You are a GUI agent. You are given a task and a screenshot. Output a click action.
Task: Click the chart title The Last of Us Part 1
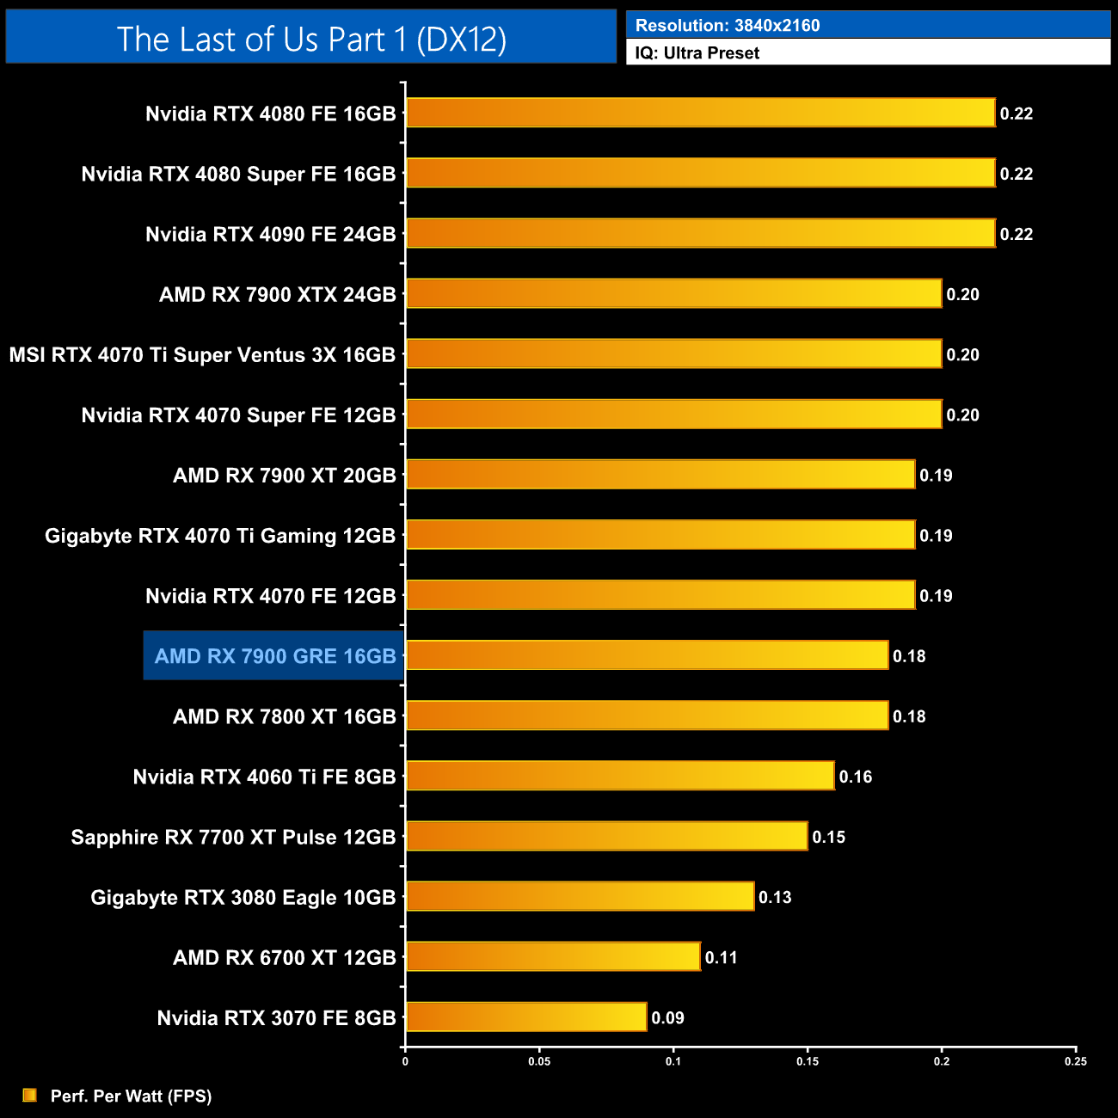(x=311, y=39)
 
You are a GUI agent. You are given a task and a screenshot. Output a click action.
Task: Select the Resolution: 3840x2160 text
(x=727, y=26)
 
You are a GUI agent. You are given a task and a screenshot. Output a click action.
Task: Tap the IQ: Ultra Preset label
(x=697, y=53)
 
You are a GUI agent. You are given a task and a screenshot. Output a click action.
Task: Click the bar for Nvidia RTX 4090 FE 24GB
(x=700, y=233)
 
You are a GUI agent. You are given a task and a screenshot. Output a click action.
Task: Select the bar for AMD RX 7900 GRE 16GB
(x=647, y=655)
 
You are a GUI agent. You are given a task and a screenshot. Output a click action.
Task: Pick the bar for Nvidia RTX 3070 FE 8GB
(x=526, y=1017)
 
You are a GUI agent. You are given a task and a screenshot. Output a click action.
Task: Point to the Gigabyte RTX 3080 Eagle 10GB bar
(x=580, y=896)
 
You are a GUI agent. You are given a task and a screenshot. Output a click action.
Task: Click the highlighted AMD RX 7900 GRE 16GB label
(x=274, y=656)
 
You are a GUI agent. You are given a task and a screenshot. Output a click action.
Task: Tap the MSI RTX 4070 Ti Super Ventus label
(x=202, y=355)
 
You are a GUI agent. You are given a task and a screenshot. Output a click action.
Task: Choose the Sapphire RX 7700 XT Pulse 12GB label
(x=233, y=837)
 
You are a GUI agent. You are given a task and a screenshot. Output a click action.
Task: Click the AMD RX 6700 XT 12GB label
(x=284, y=957)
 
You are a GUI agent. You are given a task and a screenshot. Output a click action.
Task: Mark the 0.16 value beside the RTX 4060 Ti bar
(x=856, y=777)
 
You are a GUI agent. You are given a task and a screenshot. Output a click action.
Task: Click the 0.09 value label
(x=667, y=1017)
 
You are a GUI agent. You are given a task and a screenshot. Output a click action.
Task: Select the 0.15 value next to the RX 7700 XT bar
(x=829, y=837)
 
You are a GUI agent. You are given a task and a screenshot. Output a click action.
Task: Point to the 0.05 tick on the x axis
(x=539, y=1061)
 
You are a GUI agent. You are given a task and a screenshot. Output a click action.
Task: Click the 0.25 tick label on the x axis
(x=1076, y=1061)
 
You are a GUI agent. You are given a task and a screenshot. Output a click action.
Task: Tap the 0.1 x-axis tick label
(x=673, y=1061)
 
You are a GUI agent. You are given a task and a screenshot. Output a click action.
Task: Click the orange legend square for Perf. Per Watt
(x=30, y=1095)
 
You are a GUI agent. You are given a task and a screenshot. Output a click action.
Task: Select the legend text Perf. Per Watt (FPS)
(x=131, y=1096)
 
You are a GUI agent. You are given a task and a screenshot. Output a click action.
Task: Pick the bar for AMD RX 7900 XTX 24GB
(x=673, y=293)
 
